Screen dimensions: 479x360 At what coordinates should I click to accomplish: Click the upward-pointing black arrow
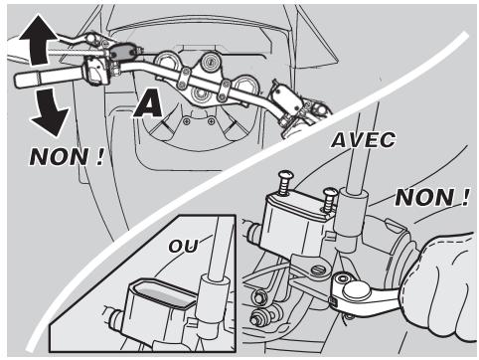click(x=39, y=40)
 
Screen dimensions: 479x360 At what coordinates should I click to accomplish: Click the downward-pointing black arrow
click(x=50, y=111)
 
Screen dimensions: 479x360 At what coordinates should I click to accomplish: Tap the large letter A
click(x=148, y=104)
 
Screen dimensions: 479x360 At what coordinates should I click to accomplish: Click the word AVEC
click(x=364, y=140)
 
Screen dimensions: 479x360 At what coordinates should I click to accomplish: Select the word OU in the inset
click(x=183, y=246)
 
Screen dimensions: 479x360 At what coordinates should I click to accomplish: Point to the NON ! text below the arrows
click(x=67, y=156)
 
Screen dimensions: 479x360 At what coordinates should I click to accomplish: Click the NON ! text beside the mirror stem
click(x=432, y=198)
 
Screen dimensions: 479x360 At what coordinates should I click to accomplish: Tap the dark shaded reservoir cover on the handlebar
click(x=122, y=52)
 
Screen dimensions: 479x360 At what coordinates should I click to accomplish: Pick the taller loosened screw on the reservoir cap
click(x=285, y=183)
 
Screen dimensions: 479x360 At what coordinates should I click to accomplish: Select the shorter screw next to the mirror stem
click(x=329, y=199)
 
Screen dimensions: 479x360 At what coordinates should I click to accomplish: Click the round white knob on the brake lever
click(x=356, y=290)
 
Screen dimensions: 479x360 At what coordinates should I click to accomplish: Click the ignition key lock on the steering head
click(x=211, y=62)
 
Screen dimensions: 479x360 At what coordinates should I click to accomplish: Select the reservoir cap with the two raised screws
click(x=301, y=206)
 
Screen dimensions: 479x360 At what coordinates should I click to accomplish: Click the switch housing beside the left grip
click(x=97, y=71)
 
